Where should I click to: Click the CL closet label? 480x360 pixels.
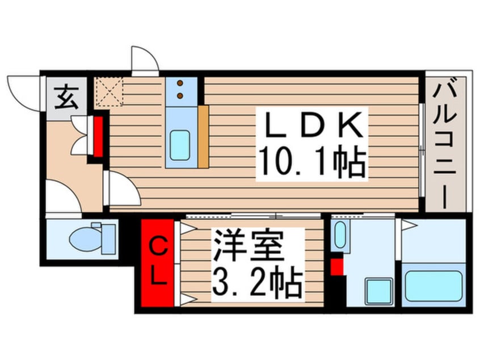pyautogui.click(x=158, y=262)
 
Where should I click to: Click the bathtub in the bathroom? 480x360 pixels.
pyautogui.click(x=433, y=286)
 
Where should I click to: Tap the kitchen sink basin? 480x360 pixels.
pyautogui.click(x=180, y=145)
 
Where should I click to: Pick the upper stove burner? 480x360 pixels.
pyautogui.click(x=180, y=83)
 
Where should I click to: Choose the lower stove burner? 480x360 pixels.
pyautogui.click(x=180, y=96)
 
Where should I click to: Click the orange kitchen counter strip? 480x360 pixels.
pyautogui.click(x=203, y=137)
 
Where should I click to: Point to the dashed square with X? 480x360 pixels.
pyautogui.click(x=109, y=91)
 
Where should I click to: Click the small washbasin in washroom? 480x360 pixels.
pyautogui.click(x=340, y=235)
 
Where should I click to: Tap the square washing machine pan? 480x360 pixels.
pyautogui.click(x=379, y=291)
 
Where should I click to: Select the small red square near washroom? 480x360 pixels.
pyautogui.click(x=337, y=267)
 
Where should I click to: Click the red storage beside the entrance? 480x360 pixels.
pyautogui.click(x=98, y=137)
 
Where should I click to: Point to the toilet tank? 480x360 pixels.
pyautogui.click(x=108, y=239)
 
